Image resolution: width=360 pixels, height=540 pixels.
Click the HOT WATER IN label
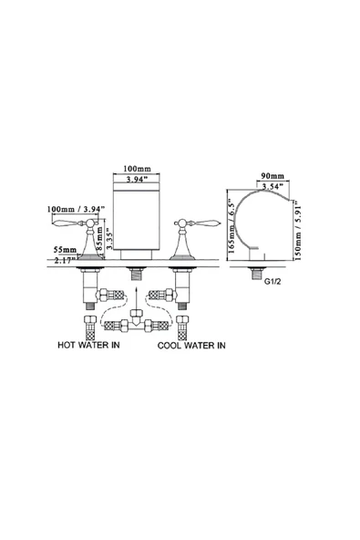point(88,345)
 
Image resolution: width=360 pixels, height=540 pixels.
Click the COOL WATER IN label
point(191,345)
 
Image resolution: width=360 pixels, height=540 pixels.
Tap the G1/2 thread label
point(273,281)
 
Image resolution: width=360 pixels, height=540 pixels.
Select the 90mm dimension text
point(273,176)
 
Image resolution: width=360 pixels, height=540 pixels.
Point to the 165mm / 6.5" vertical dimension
point(231,228)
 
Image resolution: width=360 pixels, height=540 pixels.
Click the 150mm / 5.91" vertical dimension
point(297,230)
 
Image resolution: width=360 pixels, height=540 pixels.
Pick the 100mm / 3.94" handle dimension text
point(76,209)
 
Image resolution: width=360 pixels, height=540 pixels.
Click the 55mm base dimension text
point(65,249)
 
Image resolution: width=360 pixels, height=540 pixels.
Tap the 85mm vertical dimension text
point(99,238)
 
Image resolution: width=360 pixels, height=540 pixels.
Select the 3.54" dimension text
point(273,186)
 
